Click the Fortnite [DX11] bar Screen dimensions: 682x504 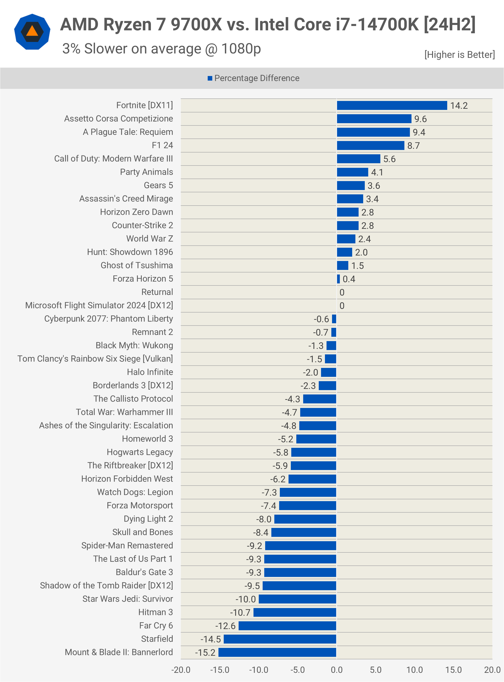(392, 106)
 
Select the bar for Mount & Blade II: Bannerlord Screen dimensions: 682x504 (277, 652)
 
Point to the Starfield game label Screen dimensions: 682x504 (157, 639)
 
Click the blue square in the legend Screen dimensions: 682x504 (210, 78)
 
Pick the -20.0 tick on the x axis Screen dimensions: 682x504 (181, 670)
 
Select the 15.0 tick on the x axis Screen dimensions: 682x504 (453, 670)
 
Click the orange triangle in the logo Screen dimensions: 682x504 (32, 31)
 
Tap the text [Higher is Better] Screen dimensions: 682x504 (459, 54)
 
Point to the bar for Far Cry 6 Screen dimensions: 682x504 (287, 626)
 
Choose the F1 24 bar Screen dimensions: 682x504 (370, 146)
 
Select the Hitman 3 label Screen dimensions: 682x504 (155, 612)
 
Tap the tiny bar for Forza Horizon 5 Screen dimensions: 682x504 (338, 279)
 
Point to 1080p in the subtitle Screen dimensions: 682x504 (241, 49)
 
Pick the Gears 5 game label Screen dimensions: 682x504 (158, 185)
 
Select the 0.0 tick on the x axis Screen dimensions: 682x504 (337, 670)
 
